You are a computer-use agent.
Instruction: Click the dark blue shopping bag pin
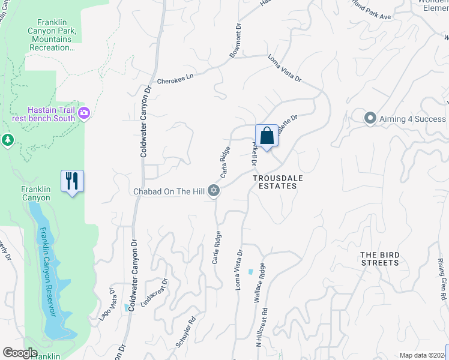267,136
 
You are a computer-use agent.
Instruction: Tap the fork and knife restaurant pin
72,181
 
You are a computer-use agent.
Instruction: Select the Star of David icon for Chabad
213,191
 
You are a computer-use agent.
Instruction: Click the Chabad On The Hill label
169,191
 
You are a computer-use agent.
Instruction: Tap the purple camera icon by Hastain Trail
83,113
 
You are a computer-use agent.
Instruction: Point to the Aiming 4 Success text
412,119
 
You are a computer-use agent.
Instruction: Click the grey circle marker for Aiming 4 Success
370,118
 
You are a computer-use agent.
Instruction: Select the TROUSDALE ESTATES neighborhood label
274,182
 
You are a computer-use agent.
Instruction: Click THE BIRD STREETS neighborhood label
379,259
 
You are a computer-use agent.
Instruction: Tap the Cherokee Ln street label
176,79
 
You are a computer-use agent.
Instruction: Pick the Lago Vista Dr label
107,304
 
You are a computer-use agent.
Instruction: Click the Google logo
20,353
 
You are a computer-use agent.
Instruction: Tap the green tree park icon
7,140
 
